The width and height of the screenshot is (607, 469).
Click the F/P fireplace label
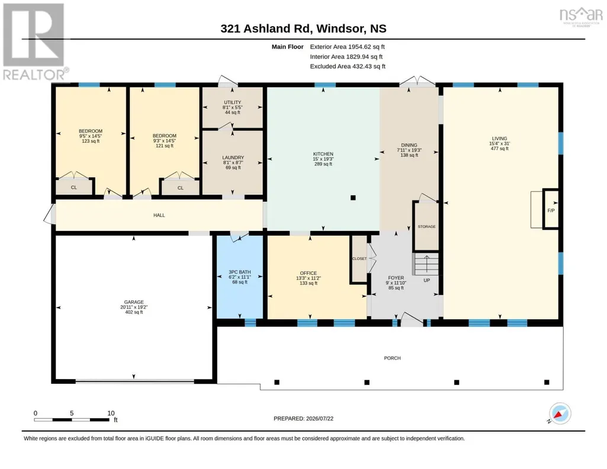551,210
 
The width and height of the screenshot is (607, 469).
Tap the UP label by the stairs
426,280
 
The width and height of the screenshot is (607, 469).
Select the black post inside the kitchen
353,198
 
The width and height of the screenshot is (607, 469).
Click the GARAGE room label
134,302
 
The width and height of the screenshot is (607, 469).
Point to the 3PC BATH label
240,272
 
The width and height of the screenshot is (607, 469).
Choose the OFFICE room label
308,273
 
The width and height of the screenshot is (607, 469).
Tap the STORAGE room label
426,227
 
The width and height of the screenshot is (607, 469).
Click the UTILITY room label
232,102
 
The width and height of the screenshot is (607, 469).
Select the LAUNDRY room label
233,158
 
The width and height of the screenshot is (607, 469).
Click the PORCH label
392,358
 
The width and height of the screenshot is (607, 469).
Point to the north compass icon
560,413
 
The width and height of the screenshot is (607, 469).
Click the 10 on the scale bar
111,413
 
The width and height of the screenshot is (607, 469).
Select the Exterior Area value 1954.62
359,47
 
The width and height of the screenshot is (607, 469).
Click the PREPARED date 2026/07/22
320,419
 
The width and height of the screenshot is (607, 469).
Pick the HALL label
159,215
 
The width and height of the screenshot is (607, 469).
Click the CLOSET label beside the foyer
359,259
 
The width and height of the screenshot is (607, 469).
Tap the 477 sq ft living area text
499,149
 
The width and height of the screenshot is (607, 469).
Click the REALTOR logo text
34,75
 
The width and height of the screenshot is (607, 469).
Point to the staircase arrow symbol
426,264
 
